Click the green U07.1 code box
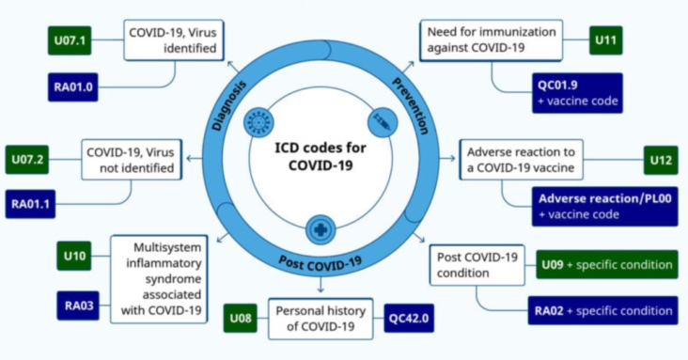tap(75, 42)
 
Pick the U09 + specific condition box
tap(605, 264)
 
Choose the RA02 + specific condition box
tap(605, 309)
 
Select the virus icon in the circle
tap(256, 122)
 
